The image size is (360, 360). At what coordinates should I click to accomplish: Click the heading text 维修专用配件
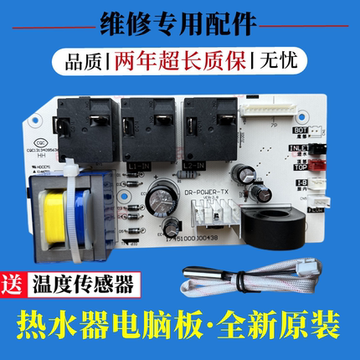[179, 22]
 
